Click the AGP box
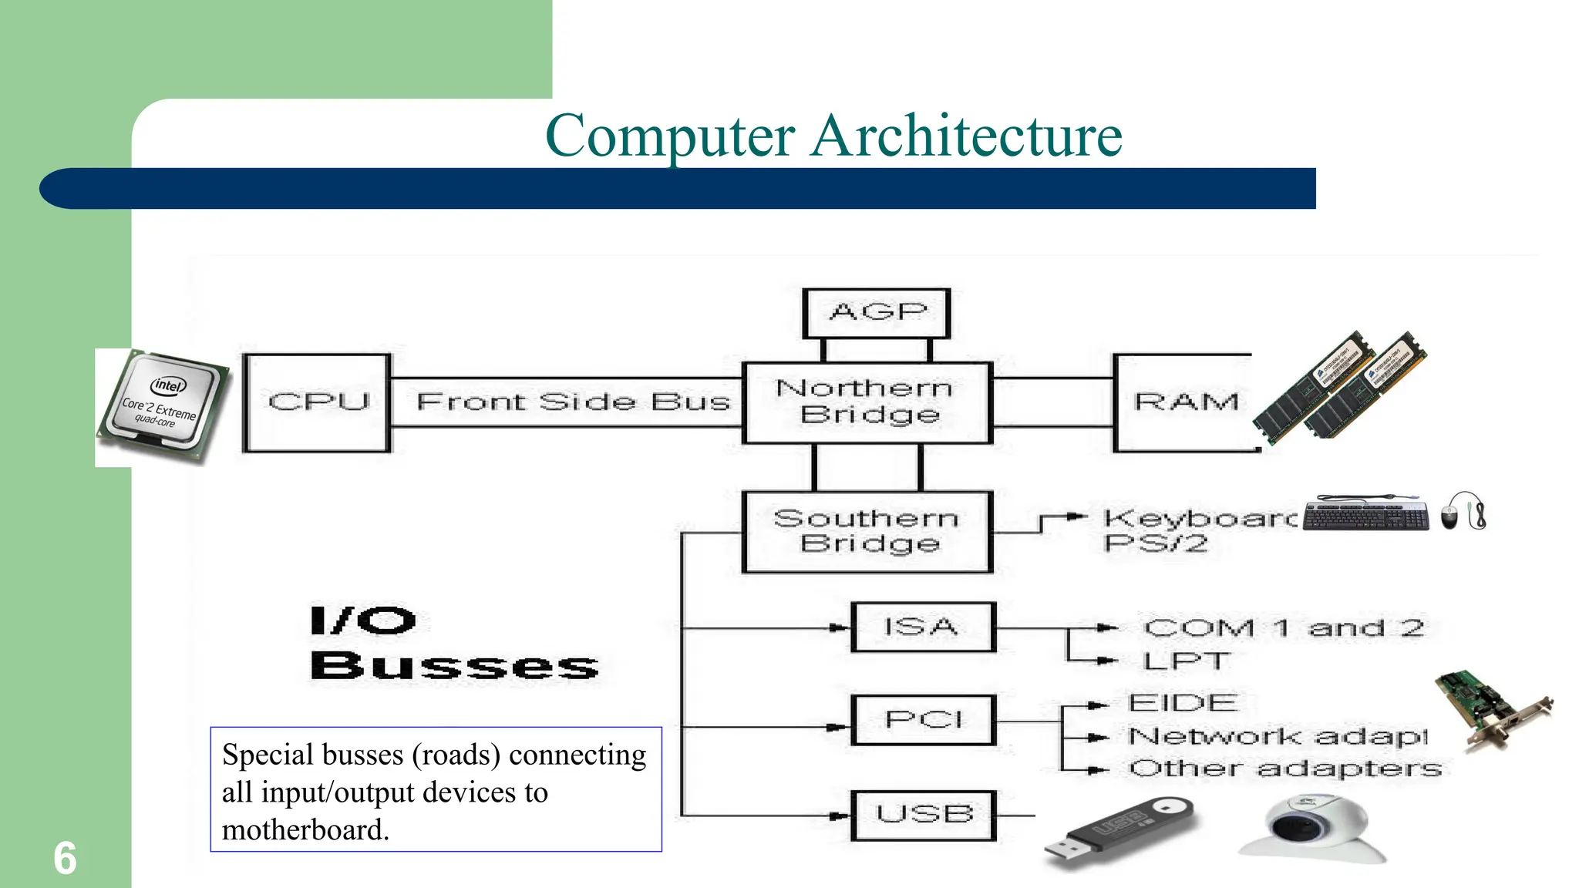(x=877, y=313)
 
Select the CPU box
(x=317, y=402)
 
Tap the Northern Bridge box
(x=867, y=402)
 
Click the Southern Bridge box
(x=867, y=532)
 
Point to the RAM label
(x=1186, y=402)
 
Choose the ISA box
(x=923, y=627)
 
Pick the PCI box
(x=924, y=720)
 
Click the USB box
(x=924, y=815)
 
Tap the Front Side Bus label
(x=572, y=402)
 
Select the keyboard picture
(x=1365, y=513)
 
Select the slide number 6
(x=65, y=859)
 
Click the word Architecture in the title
(x=967, y=136)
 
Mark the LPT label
(x=1186, y=661)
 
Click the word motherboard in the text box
(x=304, y=830)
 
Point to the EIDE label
(x=1183, y=703)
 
